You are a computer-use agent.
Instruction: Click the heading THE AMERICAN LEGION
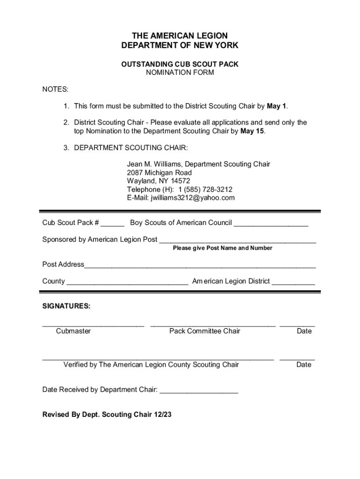pos(180,36)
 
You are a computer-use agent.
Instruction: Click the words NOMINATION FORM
pos(180,73)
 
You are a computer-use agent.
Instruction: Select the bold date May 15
pos(252,131)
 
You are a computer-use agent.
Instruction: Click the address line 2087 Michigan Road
pos(159,173)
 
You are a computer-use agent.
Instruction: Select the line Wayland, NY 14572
pos(158,181)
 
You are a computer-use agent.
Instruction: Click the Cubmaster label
pos(73,331)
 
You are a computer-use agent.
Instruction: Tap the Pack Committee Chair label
pos(205,331)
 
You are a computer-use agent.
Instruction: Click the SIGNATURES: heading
pos(66,306)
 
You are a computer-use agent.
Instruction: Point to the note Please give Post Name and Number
pos(223,248)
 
